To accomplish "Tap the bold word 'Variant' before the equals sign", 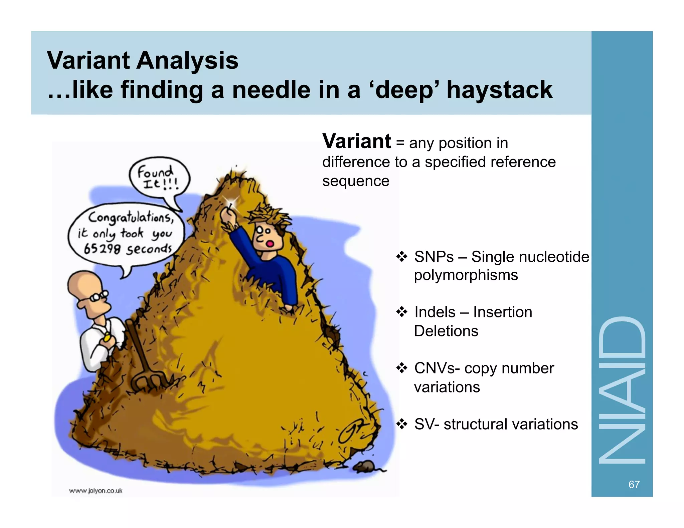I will [356, 142].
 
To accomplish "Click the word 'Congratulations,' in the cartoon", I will [131, 217].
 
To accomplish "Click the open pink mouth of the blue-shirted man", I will [269, 244].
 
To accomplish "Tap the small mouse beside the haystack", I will [365, 466].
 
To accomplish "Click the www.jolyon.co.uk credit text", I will [96, 491].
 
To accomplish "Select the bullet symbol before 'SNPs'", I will [402, 257].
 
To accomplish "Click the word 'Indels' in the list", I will [435, 312].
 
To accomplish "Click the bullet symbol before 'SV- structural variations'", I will [402, 424].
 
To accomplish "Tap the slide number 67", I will [634, 484].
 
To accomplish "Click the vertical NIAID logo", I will [622, 390].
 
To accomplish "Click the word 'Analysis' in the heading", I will [187, 60].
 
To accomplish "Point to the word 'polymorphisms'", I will [466, 275].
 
